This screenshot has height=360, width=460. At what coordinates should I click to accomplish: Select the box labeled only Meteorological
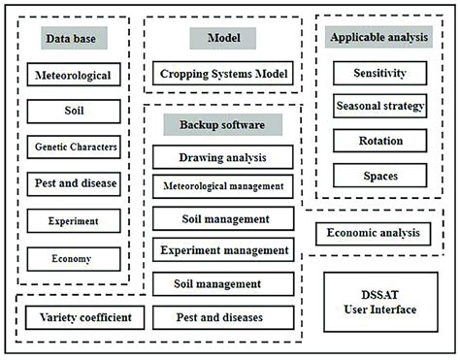point(73,75)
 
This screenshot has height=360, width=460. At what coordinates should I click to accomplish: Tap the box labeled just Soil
point(73,112)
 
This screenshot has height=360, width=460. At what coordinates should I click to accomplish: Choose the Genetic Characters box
point(73,147)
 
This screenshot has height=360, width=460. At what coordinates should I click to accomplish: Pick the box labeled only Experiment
point(73,221)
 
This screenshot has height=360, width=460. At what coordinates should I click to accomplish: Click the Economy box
point(73,258)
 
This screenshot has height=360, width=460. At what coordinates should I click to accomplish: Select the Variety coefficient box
point(79,317)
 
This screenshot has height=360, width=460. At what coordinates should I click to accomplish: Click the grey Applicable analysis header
point(379,38)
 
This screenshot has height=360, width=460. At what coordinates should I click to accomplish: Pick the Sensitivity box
point(379,73)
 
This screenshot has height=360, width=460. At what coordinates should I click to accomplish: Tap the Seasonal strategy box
point(379,106)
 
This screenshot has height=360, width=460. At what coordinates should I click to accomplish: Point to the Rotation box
point(379,141)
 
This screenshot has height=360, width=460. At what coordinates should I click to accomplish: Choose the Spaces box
point(379,176)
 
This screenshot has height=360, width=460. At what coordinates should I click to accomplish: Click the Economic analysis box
point(373,233)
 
